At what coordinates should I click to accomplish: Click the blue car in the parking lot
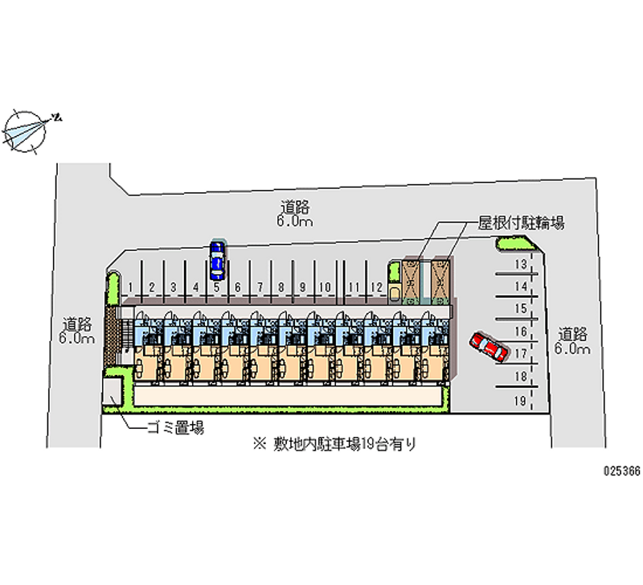[x=217, y=258]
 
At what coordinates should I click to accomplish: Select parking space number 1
[x=130, y=286]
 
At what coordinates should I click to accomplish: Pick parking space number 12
[x=375, y=286]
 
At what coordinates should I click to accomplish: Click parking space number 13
[x=520, y=264]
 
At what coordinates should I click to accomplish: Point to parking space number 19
[x=520, y=399]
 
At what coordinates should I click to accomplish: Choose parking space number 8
[x=281, y=286]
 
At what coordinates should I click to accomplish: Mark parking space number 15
[x=520, y=308]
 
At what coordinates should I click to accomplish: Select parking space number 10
[x=324, y=286]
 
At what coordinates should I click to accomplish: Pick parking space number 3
[x=173, y=286]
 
